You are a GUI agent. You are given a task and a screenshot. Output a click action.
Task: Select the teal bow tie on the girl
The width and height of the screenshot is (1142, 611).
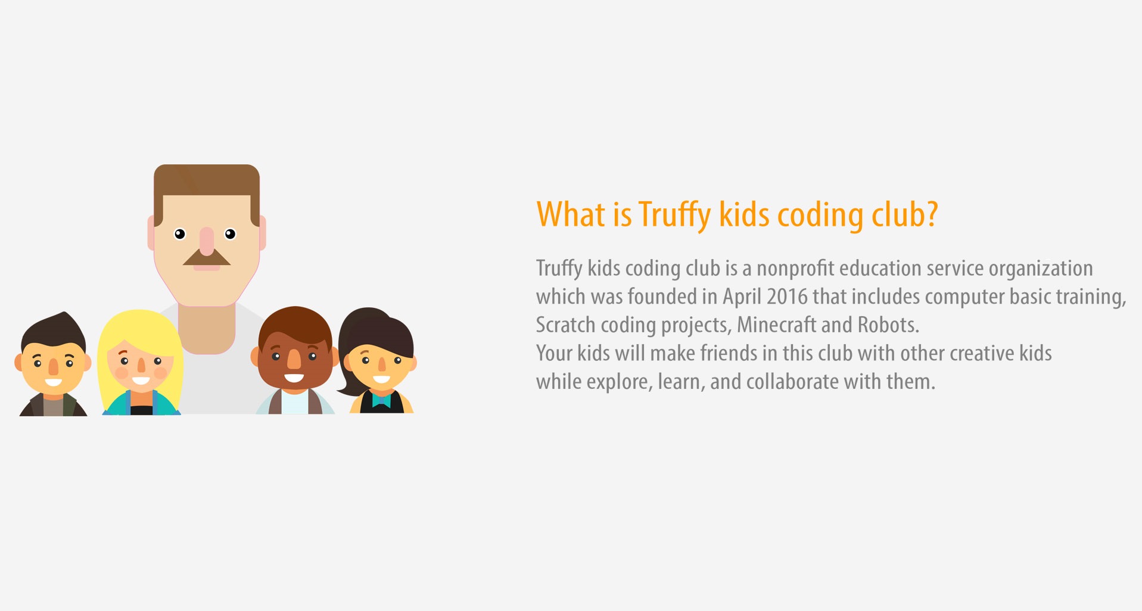pyautogui.click(x=381, y=399)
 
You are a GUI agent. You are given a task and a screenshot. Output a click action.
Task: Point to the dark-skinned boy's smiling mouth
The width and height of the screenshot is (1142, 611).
pyautogui.click(x=294, y=378)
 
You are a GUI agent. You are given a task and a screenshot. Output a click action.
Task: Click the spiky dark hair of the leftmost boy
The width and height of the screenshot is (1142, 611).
pyautogui.click(x=53, y=331)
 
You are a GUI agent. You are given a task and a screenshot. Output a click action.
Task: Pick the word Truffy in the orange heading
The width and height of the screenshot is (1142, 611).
pyautogui.click(x=675, y=216)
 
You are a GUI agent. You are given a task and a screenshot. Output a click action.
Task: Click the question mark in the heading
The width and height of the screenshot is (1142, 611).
pyautogui.click(x=932, y=213)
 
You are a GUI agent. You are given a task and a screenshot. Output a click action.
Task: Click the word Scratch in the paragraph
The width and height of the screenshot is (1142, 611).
pyautogui.click(x=565, y=325)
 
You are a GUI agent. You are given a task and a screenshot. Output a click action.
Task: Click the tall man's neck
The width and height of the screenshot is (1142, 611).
pyautogui.click(x=207, y=329)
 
